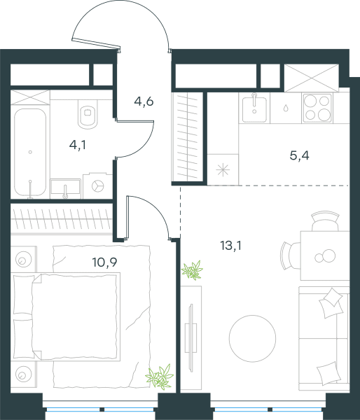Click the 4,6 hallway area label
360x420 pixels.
click(144, 101)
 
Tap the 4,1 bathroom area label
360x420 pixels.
click(78, 145)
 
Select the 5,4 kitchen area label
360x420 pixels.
click(300, 155)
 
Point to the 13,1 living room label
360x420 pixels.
click(230, 246)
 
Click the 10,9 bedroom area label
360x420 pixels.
click(104, 262)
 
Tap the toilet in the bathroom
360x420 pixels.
click(88, 114)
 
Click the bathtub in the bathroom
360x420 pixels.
click(30, 153)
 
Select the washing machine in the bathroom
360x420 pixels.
click(97, 186)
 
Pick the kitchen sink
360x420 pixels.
click(254, 108)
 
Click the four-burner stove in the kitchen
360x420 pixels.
click(317, 108)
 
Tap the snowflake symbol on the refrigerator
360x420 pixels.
click(223, 170)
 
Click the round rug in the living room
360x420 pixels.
click(252, 338)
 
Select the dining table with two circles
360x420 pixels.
click(325, 255)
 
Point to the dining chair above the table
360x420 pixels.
click(325, 221)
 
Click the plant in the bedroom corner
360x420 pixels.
click(160, 377)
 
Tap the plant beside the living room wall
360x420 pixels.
click(192, 270)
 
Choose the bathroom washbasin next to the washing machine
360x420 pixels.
click(65, 188)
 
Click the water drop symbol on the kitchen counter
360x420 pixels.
click(286, 108)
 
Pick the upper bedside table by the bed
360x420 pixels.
click(24, 259)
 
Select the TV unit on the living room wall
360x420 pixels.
click(191, 338)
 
